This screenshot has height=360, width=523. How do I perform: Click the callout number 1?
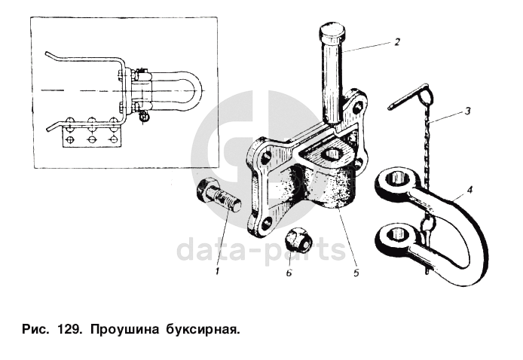coord(218,271)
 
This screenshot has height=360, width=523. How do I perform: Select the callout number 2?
coord(396,42)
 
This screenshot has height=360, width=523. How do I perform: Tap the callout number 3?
coord(467,111)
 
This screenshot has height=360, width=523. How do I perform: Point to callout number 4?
coord(469,190)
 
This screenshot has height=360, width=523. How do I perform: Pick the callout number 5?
coord(356,273)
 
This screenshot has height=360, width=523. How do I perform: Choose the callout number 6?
coord(289,273)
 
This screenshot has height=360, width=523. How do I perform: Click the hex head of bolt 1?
coord(203,191)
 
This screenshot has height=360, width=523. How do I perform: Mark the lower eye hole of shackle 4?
coord(398,233)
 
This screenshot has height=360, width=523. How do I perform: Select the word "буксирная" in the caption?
coord(203,330)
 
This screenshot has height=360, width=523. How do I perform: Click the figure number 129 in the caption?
coord(69,330)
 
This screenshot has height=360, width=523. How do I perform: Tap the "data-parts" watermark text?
coord(261,250)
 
